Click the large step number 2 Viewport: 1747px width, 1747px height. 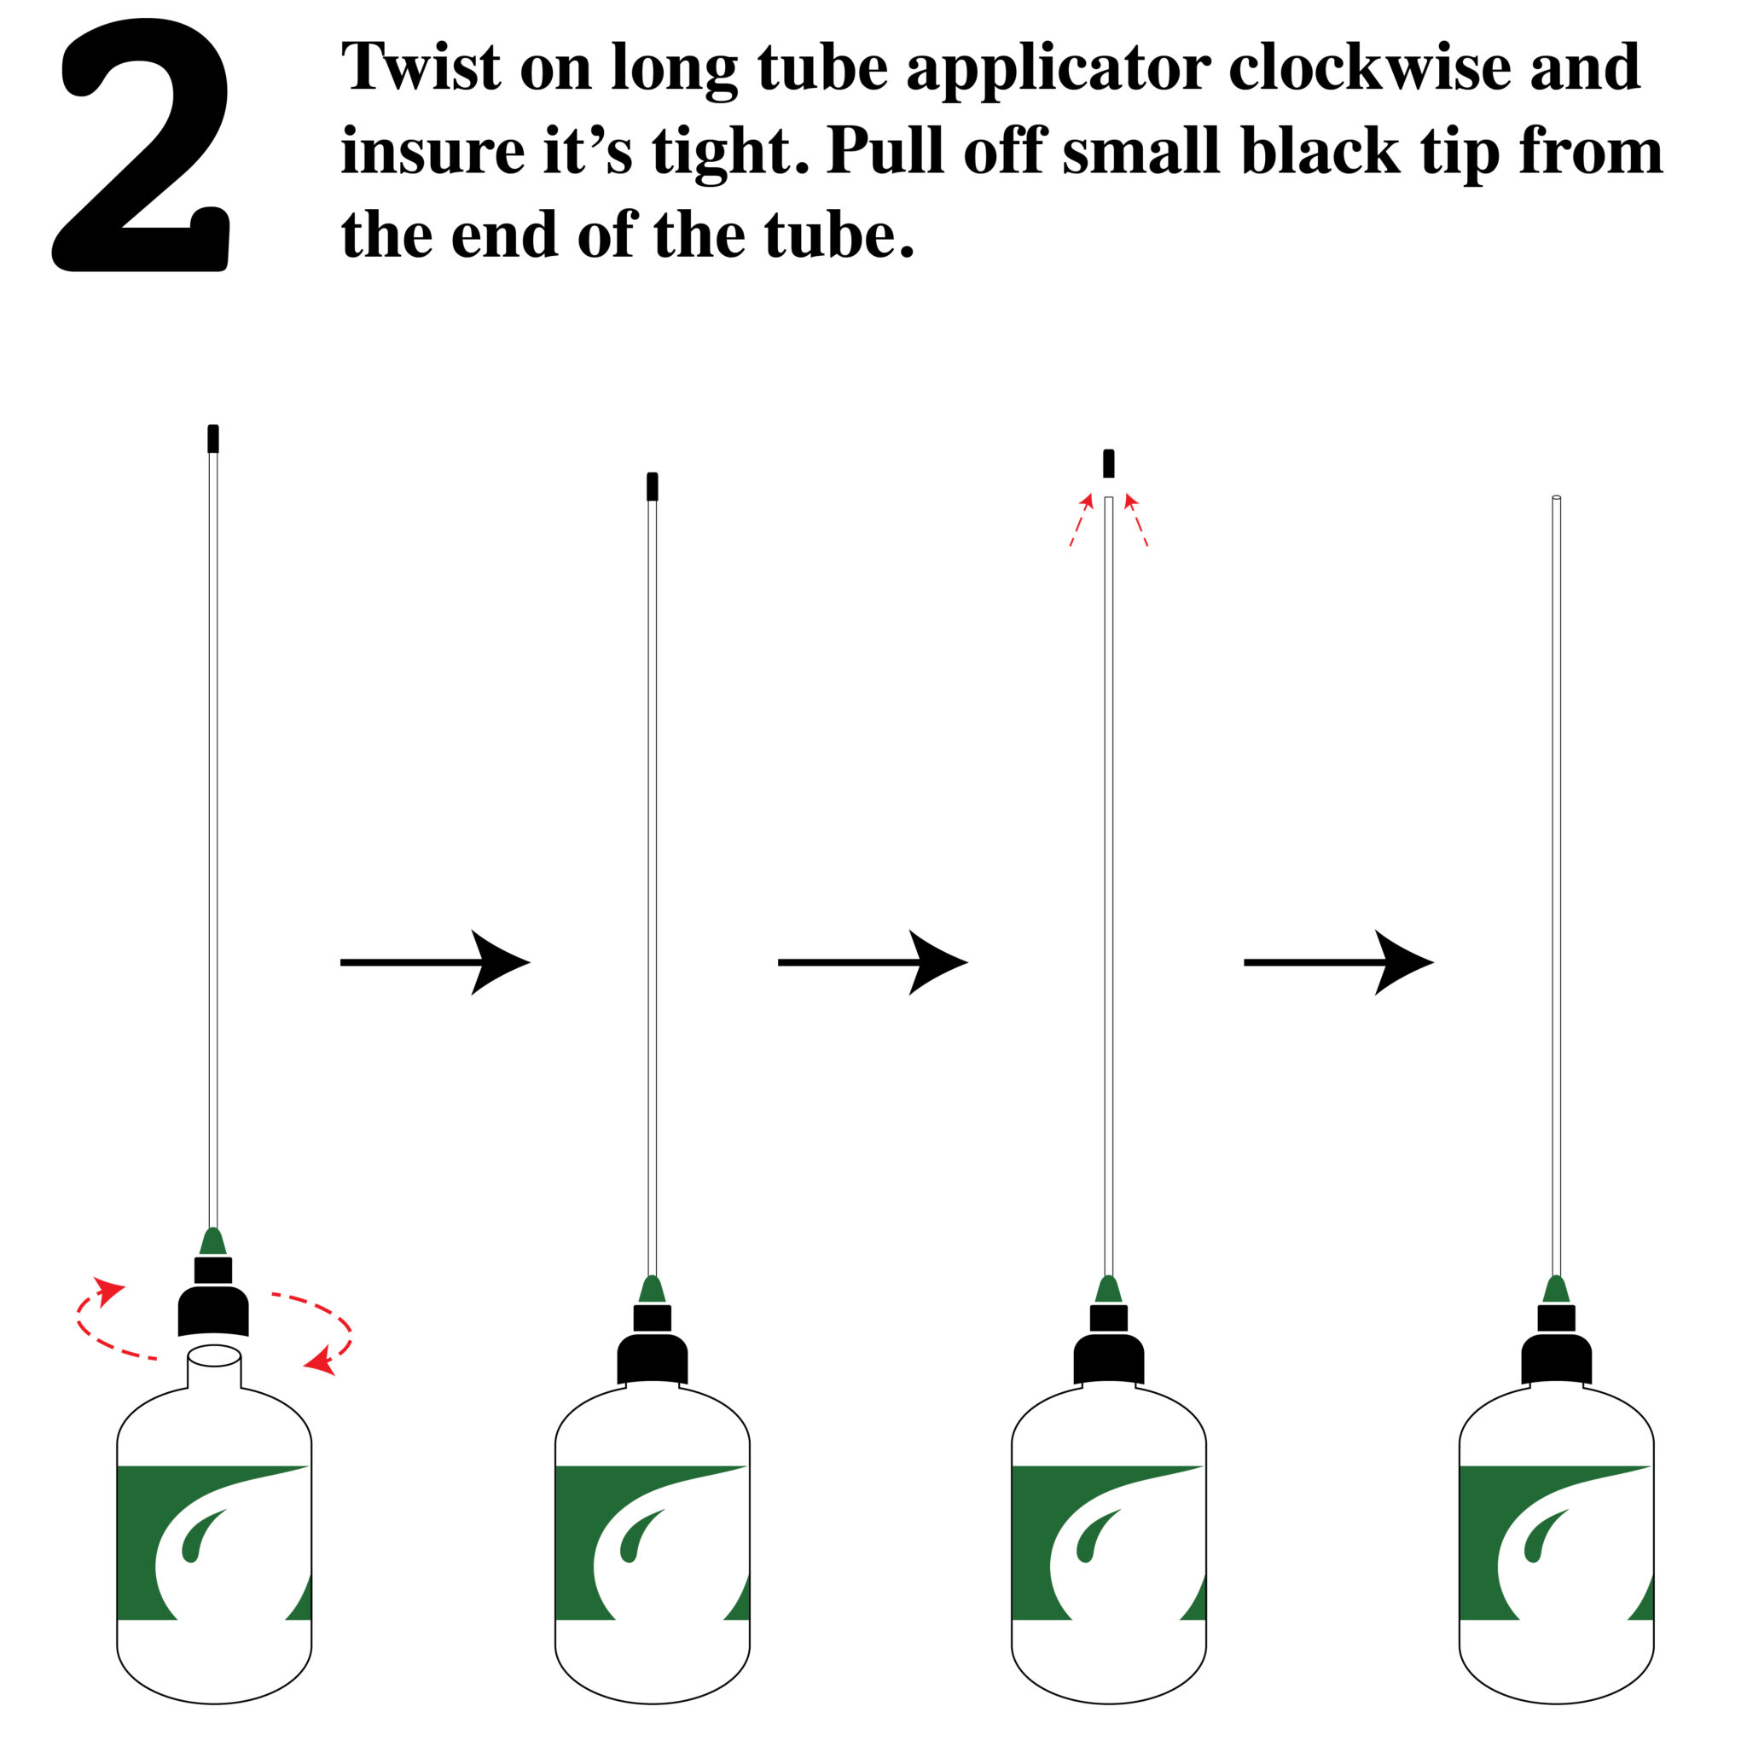point(141,145)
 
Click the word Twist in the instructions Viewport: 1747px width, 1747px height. point(421,67)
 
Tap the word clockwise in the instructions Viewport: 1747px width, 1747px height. point(1370,67)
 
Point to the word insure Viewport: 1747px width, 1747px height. point(433,151)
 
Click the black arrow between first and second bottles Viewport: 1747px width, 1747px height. point(435,962)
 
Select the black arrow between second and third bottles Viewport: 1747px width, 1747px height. point(873,962)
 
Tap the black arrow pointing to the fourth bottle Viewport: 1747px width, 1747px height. point(1339,962)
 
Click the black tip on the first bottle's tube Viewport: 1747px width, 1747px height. point(213,438)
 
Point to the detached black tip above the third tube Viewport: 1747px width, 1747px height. point(1109,463)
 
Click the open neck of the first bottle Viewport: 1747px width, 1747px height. point(214,1356)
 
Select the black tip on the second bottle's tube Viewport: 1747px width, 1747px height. point(652,486)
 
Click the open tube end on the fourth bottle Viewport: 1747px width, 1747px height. point(1556,497)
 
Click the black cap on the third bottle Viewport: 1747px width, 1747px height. point(1109,1344)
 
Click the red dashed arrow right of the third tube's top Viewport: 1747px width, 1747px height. point(1135,520)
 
